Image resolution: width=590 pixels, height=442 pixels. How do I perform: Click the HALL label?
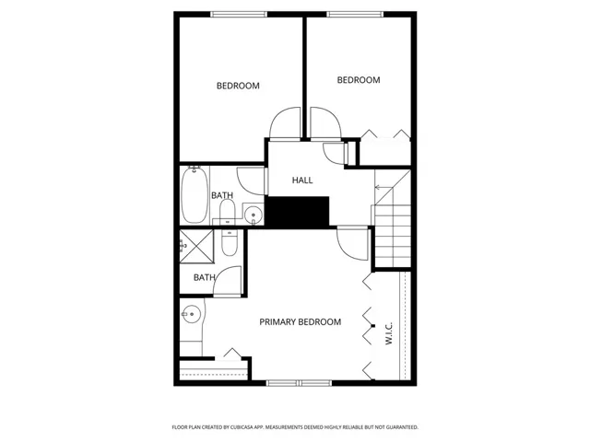click(302, 180)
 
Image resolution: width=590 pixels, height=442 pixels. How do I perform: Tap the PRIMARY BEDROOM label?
click(300, 322)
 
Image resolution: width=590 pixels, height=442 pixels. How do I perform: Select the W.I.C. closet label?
click(388, 332)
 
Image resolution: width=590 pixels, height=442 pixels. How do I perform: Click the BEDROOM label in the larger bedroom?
click(238, 87)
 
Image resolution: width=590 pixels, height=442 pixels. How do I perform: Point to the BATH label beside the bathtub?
click(222, 195)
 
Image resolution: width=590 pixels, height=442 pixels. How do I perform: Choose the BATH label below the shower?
click(204, 277)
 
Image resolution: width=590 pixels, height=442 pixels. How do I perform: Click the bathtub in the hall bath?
click(194, 194)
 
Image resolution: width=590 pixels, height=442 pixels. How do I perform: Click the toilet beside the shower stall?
click(230, 243)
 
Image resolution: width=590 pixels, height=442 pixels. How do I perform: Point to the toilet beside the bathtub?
click(227, 214)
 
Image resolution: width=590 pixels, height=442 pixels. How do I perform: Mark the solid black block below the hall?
click(298, 211)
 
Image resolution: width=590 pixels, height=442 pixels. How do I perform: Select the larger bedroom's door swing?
click(287, 123)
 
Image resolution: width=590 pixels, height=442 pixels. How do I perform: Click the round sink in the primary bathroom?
click(190, 313)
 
